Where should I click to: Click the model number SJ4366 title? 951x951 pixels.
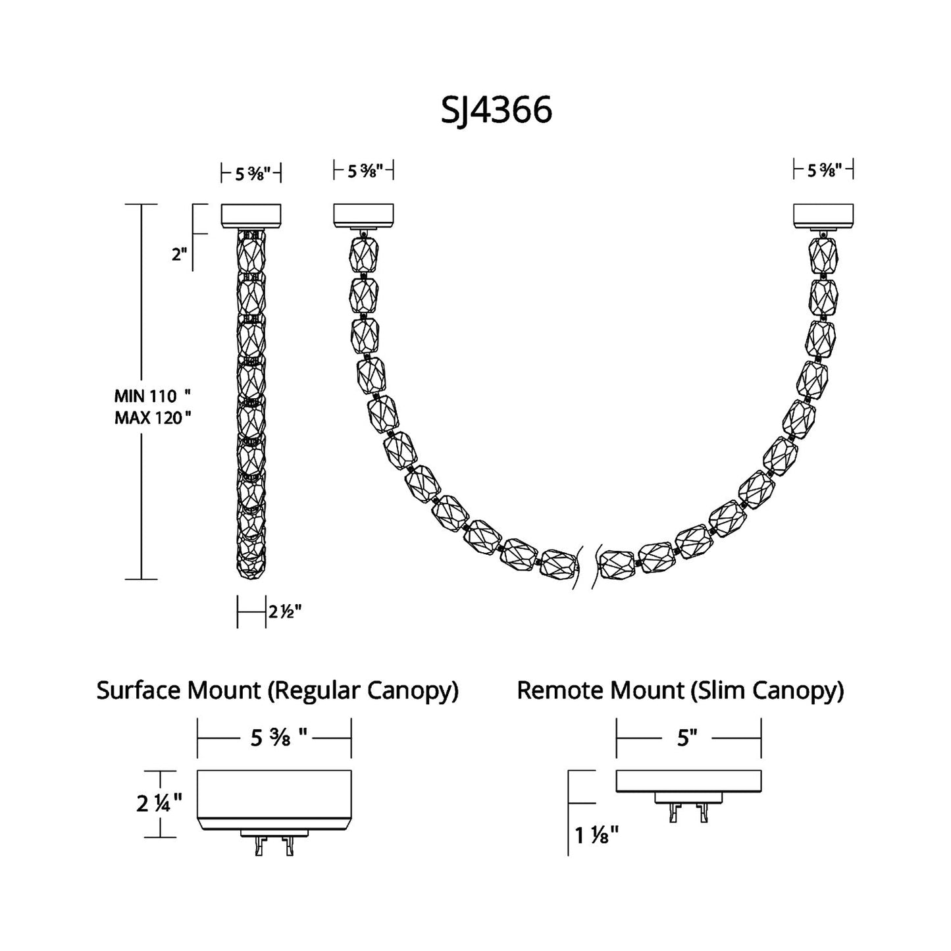pyautogui.click(x=496, y=110)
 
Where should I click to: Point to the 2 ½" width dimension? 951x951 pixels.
pyautogui.click(x=284, y=611)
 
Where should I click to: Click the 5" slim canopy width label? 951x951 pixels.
pyautogui.click(x=687, y=738)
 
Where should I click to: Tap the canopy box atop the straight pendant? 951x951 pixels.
pyautogui.click(x=251, y=215)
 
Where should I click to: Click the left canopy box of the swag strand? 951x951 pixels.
pyautogui.click(x=363, y=215)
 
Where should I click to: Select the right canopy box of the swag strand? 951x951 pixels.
pyautogui.click(x=823, y=215)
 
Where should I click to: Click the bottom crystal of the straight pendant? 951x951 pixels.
pyautogui.click(x=251, y=563)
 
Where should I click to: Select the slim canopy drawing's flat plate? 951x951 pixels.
pyautogui.click(x=688, y=781)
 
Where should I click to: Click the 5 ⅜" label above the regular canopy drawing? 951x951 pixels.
pyautogui.click(x=279, y=738)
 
